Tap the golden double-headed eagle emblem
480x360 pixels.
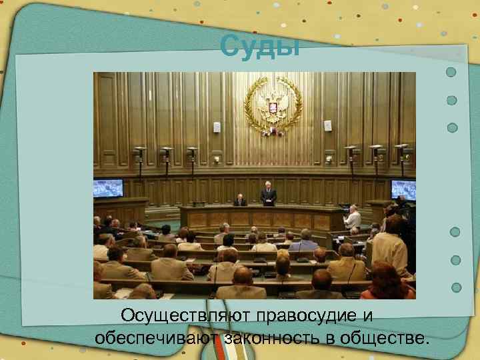click(273, 105)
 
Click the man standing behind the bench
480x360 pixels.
click(268, 195)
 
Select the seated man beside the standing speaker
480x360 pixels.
click(240, 200)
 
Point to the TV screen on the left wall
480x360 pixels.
click(108, 188)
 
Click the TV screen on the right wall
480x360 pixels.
click(403, 189)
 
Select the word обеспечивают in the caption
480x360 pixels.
click(158, 337)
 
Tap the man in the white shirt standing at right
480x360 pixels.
click(353, 217)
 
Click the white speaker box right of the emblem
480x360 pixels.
click(327, 125)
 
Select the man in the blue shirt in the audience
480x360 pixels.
click(305, 240)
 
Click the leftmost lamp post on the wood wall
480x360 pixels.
click(140, 160)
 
